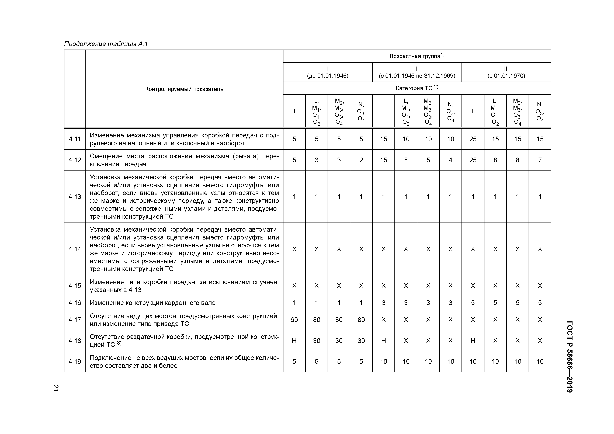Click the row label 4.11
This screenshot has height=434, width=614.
click(x=75, y=139)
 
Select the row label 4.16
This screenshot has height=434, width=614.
click(x=75, y=303)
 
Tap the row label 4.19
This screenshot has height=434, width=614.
click(x=75, y=362)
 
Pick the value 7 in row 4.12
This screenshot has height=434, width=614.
click(x=540, y=160)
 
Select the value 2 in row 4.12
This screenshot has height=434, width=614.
click(x=361, y=160)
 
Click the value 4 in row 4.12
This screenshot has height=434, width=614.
click(x=450, y=160)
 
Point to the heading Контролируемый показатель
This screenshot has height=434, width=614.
click(x=184, y=89)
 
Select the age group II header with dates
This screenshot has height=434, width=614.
click(x=417, y=72)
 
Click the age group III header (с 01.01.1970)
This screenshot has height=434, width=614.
click(x=506, y=72)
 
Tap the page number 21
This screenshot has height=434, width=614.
click(x=56, y=388)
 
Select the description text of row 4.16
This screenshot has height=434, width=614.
click(x=152, y=303)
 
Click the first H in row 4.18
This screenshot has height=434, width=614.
click(x=294, y=341)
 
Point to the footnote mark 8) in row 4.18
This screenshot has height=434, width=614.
click(x=119, y=343)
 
